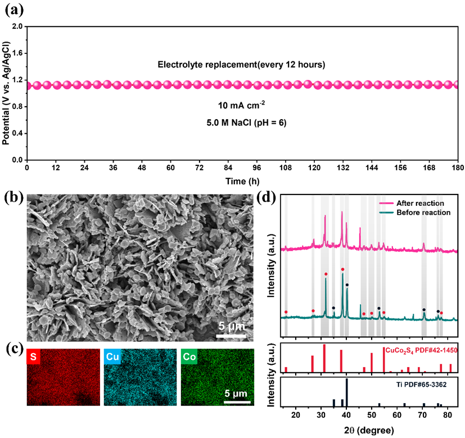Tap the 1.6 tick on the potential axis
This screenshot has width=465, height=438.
(x=17, y=53)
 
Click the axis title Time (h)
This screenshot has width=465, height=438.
(x=242, y=180)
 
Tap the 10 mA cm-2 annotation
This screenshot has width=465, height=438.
(x=242, y=105)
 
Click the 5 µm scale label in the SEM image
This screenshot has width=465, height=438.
(x=231, y=326)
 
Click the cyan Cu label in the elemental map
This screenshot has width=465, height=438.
(x=112, y=356)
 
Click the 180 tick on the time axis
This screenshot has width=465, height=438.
(x=459, y=168)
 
